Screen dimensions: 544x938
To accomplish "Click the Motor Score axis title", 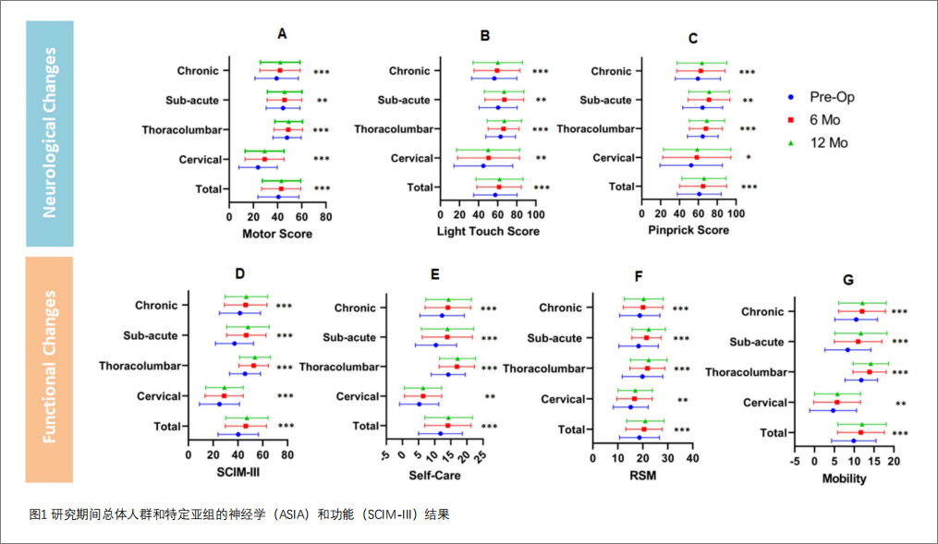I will click(276, 234).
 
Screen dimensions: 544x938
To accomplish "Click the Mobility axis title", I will click(844, 479).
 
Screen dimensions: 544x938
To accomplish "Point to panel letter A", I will click(282, 34).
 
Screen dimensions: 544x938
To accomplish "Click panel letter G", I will click(848, 280).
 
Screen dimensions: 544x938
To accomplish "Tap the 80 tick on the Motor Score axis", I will click(325, 217).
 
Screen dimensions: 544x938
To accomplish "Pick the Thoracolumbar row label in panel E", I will click(341, 367).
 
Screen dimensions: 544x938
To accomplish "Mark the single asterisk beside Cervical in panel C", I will click(749, 158).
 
